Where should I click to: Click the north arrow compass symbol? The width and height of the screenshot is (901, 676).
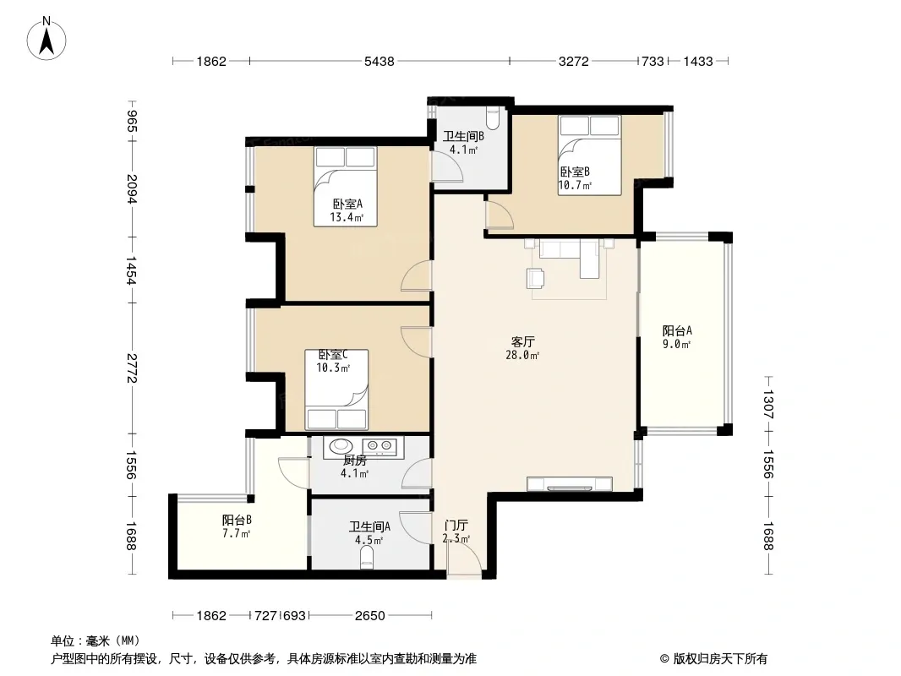pyautogui.click(x=46, y=39)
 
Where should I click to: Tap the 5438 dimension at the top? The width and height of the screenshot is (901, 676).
pyautogui.click(x=380, y=62)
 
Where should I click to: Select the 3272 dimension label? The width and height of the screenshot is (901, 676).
pyautogui.click(x=573, y=62)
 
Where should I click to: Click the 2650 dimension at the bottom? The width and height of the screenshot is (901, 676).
pyautogui.click(x=369, y=616)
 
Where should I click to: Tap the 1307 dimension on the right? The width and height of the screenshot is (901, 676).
pyautogui.click(x=768, y=405)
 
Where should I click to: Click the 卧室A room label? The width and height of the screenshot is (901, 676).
pyautogui.click(x=347, y=204)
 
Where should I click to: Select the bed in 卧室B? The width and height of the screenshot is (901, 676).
pyautogui.click(x=590, y=155)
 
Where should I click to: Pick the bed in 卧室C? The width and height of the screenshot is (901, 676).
pyautogui.click(x=336, y=390)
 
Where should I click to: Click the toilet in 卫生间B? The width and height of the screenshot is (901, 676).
pyautogui.click(x=493, y=117)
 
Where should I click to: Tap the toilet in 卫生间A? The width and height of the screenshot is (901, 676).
pyautogui.click(x=367, y=557)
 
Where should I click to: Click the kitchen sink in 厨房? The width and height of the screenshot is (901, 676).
pyautogui.click(x=341, y=445)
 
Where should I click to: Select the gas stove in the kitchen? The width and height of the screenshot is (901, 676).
pyautogui.click(x=380, y=445)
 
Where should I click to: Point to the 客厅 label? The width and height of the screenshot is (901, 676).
pyautogui.click(x=522, y=342)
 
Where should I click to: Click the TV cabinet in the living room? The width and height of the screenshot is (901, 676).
pyautogui.click(x=570, y=484)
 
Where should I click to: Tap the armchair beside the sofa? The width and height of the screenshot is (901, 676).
pyautogui.click(x=536, y=279)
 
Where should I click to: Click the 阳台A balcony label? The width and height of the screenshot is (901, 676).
pyautogui.click(x=677, y=331)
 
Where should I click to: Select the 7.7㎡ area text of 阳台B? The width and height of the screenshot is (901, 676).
pyautogui.click(x=236, y=533)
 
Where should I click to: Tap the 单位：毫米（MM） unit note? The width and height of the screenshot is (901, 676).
pyautogui.click(x=96, y=641)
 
